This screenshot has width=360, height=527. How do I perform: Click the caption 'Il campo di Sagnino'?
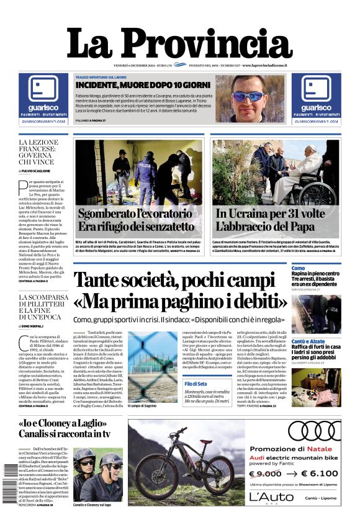click(142, 406)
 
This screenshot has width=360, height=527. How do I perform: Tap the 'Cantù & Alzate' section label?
click(307, 341)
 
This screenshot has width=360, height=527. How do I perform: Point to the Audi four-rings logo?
click(314, 431)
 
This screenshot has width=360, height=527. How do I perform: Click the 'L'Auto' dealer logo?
click(272, 497)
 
